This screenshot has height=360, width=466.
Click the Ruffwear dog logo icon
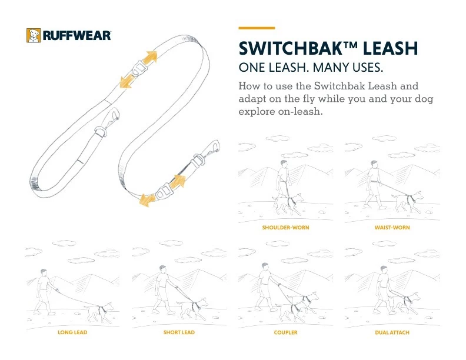(x=34, y=36)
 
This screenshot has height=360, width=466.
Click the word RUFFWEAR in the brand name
(x=77, y=36)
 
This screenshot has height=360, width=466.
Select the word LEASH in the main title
(x=390, y=48)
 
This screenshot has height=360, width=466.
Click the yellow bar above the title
(x=257, y=28)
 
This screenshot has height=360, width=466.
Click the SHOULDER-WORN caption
(x=285, y=228)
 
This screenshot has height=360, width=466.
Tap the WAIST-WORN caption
(x=392, y=228)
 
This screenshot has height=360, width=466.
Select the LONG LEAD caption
(x=72, y=332)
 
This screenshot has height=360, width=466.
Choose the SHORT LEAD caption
(x=179, y=332)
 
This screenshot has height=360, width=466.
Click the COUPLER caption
(x=285, y=332)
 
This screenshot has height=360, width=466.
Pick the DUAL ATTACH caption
(x=392, y=332)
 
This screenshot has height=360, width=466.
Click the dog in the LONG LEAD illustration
(x=99, y=312)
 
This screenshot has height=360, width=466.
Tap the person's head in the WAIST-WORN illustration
(x=374, y=164)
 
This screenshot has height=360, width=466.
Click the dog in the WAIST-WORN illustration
(x=407, y=202)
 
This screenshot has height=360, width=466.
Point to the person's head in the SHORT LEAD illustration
(x=162, y=269)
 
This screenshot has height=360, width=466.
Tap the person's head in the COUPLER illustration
(x=265, y=266)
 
